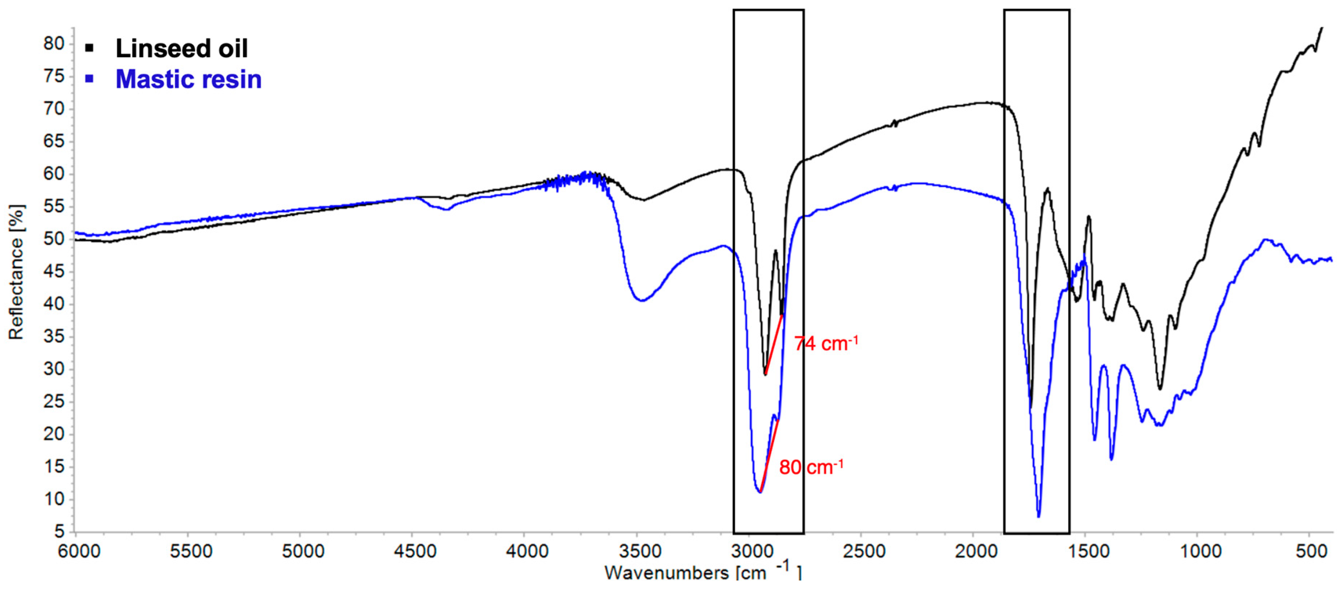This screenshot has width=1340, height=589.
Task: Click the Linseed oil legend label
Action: pyautogui.click(x=181, y=49)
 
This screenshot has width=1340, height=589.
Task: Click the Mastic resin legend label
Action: pyautogui.click(x=188, y=80)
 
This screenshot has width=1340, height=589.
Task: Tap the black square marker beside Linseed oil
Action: pyautogui.click(x=89, y=49)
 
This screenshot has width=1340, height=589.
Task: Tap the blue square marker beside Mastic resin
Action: pyautogui.click(x=89, y=79)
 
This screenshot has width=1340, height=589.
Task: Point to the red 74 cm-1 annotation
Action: pyautogui.click(x=825, y=344)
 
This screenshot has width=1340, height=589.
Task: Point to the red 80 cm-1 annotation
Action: pyautogui.click(x=811, y=467)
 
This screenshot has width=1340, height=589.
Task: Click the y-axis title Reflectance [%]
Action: pyautogui.click(x=16, y=272)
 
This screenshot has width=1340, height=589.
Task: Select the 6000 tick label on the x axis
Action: pyautogui.click(x=79, y=551)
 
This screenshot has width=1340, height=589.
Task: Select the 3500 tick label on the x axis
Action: pyautogui.click(x=639, y=551)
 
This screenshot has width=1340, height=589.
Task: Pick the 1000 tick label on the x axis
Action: pyautogui.click(x=1200, y=551)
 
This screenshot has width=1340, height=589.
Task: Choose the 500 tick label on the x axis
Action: pyautogui.click(x=1311, y=551)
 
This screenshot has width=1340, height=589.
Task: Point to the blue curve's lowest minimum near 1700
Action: pyautogui.click(x=1039, y=516)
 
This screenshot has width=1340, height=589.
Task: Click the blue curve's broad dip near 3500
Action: pyautogui.click(x=643, y=300)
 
